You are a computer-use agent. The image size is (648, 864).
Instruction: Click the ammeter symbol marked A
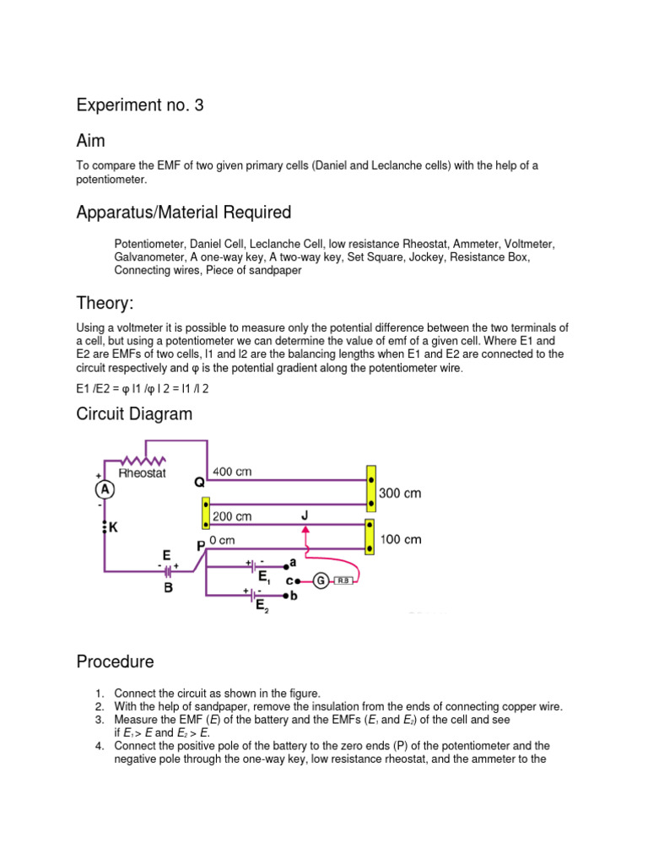105,489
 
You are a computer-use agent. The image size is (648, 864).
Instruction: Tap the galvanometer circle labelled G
321,580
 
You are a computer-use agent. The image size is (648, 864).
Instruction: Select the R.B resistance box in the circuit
345,581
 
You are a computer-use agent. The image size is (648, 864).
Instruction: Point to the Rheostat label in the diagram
143,473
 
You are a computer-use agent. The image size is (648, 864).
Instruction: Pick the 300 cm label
400,493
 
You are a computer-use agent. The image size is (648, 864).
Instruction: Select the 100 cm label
400,539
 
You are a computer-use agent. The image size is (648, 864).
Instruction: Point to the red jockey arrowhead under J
306,528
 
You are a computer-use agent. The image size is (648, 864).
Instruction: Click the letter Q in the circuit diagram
199,483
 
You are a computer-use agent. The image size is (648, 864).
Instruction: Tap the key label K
113,527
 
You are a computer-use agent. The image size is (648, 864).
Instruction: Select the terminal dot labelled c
297,580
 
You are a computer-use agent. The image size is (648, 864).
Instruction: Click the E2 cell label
262,605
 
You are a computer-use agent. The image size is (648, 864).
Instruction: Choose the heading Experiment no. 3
140,105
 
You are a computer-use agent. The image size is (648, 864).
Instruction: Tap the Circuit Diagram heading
134,413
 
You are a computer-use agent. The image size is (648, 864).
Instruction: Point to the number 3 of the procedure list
99,721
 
